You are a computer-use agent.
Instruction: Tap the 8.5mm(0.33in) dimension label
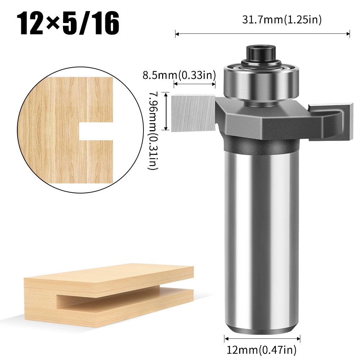pos(179,76)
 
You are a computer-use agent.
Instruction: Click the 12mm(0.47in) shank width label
pos(261,349)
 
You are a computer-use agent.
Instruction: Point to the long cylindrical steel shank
pos(261,234)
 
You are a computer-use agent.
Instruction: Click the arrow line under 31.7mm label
pos(262,34)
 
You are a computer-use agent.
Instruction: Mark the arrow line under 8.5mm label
pos(194,85)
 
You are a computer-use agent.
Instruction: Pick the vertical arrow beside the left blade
pos(165,111)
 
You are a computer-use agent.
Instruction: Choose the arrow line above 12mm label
pos(262,338)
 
